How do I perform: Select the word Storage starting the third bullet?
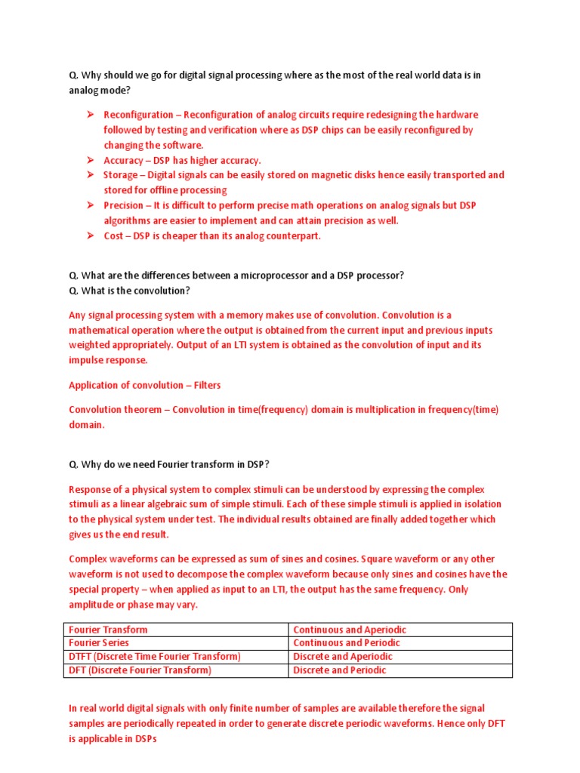tap(121, 175)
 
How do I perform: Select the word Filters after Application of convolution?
tap(207, 385)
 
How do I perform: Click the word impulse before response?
tap(88, 360)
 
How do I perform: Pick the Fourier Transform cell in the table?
tap(109, 630)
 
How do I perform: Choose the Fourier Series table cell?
tap(99, 643)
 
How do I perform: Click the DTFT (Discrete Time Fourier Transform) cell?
tap(155, 657)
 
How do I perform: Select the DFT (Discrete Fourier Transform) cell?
tap(140, 670)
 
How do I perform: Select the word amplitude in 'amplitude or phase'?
tap(94, 605)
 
